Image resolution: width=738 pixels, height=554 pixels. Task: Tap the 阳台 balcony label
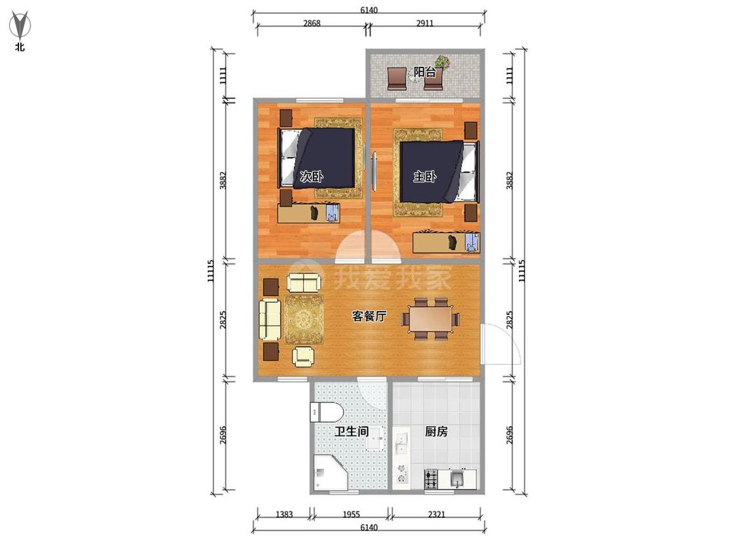coord(424,72)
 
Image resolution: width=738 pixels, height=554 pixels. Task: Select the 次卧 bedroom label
coord(312,177)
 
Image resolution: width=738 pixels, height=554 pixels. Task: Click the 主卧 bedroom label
coord(424,177)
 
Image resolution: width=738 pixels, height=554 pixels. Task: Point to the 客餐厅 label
coord(369,316)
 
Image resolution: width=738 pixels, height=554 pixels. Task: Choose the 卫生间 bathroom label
coord(351,431)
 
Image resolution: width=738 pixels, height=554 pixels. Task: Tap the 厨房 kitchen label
coord(436,431)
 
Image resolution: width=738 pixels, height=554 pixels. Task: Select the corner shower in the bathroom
coord(330,473)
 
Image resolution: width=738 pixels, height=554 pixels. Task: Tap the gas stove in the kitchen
coord(432,479)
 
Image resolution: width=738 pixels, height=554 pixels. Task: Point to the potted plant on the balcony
coord(442,62)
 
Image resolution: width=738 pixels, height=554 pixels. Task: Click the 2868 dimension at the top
coord(312,23)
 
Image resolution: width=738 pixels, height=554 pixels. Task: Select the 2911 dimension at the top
coord(425,23)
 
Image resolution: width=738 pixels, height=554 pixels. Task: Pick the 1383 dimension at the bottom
coord(284,515)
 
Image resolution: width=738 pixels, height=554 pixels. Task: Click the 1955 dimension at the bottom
coord(351,515)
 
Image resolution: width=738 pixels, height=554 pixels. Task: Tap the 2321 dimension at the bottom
coord(436,515)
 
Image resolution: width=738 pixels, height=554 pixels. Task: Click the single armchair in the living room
coord(303,356)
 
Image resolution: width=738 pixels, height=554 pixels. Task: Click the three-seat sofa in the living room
coord(270,318)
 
